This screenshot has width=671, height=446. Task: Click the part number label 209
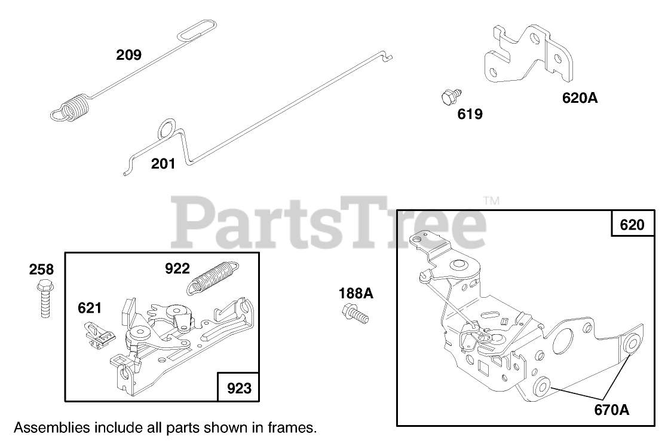tap(129, 56)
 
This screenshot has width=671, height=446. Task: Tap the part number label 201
tap(163, 163)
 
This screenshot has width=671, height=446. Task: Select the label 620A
tap(579, 97)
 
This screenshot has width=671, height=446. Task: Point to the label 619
tap(470, 114)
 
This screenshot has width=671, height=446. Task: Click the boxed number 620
tap(632, 225)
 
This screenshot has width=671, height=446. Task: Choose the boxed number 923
tap(239, 389)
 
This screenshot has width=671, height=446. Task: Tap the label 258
tap(41, 270)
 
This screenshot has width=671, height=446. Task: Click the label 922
tap(177, 269)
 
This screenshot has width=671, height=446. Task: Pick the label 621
tap(89, 308)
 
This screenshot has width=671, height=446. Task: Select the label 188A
tap(356, 293)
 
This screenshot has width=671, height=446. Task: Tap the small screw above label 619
tap(449, 96)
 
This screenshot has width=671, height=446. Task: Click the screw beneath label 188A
tap(354, 313)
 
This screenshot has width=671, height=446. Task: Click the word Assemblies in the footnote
tap(52, 428)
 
